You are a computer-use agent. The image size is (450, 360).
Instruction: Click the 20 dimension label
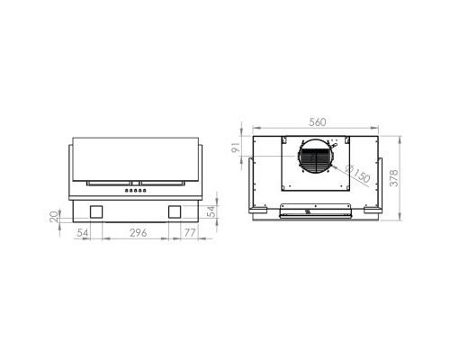point(54,216)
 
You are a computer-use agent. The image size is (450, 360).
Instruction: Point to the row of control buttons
point(136,190)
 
